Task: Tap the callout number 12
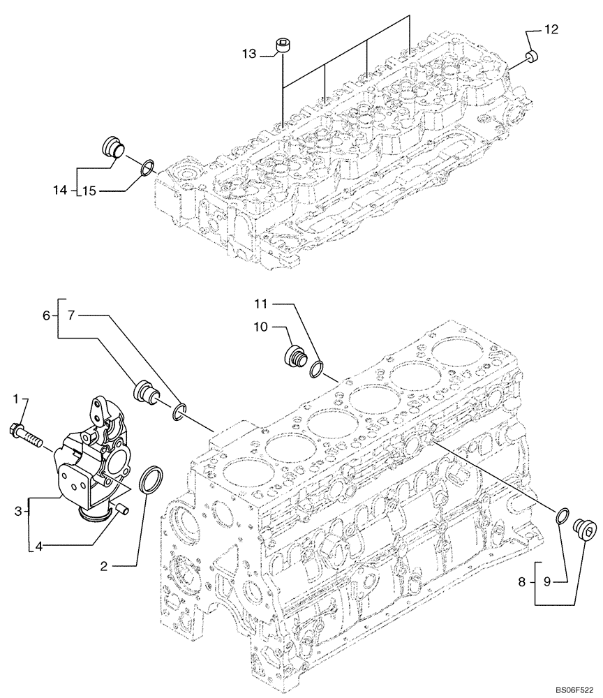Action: tap(551, 29)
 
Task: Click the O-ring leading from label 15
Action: tap(147, 168)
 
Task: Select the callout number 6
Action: tap(47, 316)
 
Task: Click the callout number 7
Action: tap(71, 316)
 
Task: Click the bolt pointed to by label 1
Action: tap(27, 434)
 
